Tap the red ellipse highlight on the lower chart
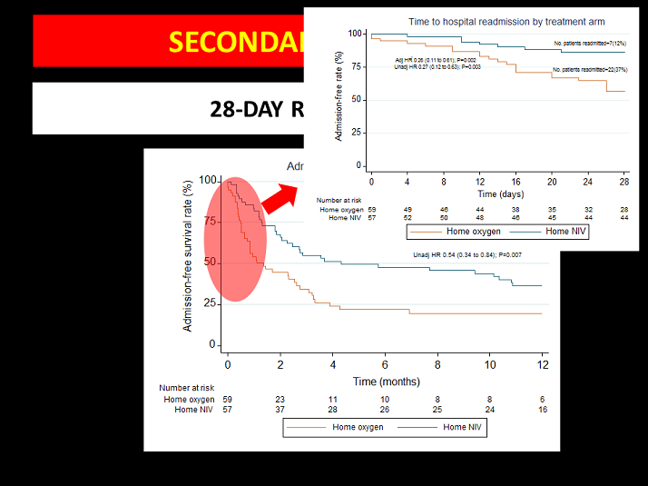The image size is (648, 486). (235, 238)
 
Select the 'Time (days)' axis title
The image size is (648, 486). (500, 193)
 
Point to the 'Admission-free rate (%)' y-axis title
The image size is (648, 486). (338, 101)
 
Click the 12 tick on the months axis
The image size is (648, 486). (542, 364)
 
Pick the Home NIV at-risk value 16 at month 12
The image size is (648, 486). (542, 411)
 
